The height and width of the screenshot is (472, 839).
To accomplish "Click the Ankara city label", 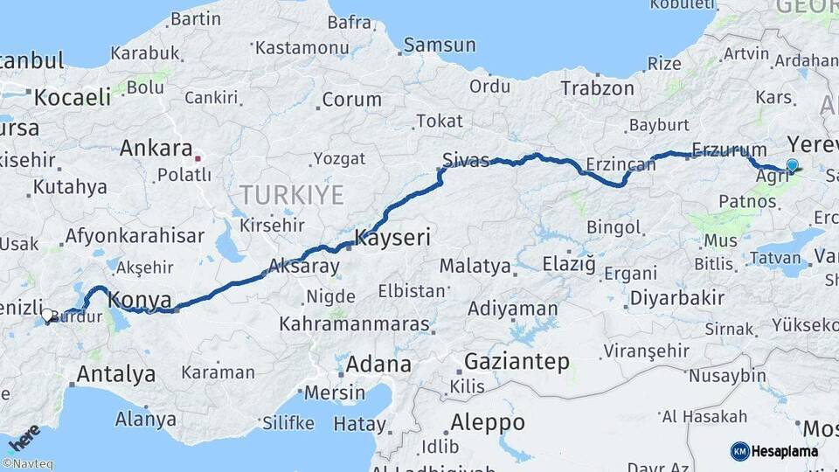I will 156,148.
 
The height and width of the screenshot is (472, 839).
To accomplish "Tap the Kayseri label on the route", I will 392,237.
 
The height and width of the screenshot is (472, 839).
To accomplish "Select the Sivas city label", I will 465,160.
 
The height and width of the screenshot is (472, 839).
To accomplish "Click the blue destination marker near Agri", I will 793,165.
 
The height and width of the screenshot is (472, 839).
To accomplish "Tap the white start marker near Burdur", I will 48,314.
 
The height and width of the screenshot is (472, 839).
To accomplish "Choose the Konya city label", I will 140,300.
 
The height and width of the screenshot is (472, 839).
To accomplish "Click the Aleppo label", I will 487,423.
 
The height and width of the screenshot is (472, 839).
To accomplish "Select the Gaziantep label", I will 517,361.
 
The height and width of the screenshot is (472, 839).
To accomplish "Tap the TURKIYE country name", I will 292,194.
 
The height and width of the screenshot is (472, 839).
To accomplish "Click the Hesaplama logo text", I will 786,452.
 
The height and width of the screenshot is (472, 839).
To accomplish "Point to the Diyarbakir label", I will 676,297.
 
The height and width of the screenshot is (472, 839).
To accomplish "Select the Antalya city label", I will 116,374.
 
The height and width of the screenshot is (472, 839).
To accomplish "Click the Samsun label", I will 440,45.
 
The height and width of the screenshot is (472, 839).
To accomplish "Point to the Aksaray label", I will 303,265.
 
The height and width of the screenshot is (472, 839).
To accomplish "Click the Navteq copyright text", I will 27,464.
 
